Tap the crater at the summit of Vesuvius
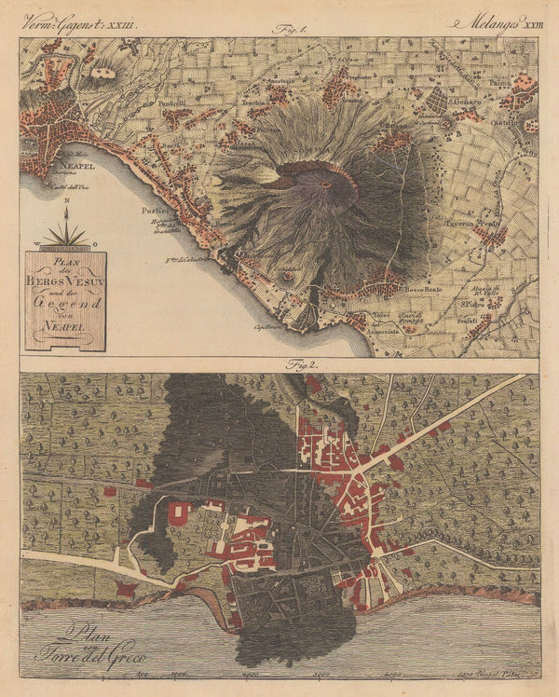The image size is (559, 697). click(x=326, y=184)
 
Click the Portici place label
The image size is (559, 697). click(x=154, y=211)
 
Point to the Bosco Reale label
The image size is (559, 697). click(x=418, y=290)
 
